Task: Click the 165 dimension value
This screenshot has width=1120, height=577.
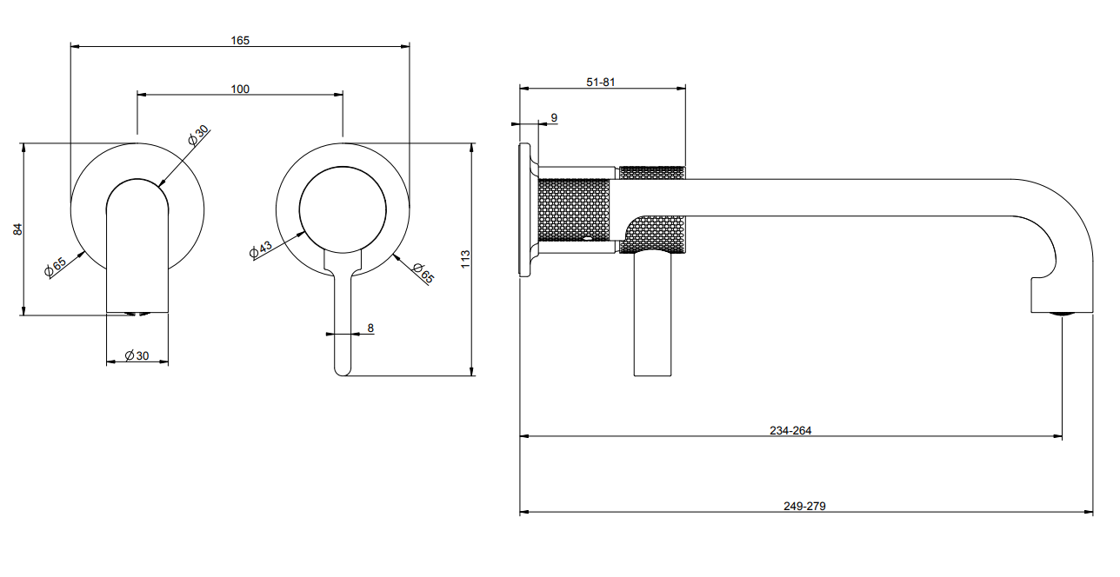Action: click(x=240, y=40)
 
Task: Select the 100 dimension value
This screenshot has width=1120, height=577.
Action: click(x=240, y=89)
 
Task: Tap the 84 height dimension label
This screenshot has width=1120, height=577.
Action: click(x=17, y=229)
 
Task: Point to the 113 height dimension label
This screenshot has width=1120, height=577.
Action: click(x=465, y=259)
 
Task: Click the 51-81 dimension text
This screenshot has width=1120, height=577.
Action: click(x=601, y=82)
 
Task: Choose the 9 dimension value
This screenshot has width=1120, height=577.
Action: click(x=554, y=118)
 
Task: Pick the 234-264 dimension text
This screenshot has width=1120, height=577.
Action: click(x=790, y=430)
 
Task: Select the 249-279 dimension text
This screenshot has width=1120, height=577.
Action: click(x=804, y=506)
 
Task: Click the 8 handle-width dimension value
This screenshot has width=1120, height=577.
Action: click(x=370, y=328)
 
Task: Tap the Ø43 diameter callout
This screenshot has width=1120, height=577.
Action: click(x=261, y=249)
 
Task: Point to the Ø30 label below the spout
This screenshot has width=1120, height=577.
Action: click(x=137, y=355)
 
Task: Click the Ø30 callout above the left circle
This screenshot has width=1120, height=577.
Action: click(x=198, y=135)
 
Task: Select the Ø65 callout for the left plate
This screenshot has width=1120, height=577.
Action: click(x=55, y=266)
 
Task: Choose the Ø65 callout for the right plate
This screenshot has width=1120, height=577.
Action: click(x=423, y=273)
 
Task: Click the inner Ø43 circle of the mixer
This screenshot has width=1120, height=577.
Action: click(x=343, y=167)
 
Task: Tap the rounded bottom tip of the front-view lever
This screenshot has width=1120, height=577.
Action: click(x=343, y=375)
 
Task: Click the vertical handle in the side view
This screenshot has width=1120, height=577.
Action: click(x=652, y=315)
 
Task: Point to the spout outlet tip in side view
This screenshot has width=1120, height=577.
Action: click(x=1062, y=313)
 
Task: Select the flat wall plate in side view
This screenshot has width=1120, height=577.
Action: click(x=524, y=209)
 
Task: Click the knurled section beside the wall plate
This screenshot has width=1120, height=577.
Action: click(x=574, y=210)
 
